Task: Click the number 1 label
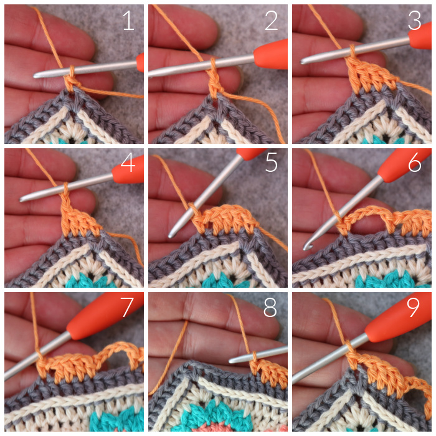click(x=128, y=20)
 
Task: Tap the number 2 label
click(x=272, y=20)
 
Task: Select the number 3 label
click(x=414, y=20)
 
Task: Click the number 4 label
click(x=128, y=163)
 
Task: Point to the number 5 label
click(x=272, y=163)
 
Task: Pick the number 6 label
click(x=415, y=163)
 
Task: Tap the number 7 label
click(x=127, y=307)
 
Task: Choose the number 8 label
click(x=270, y=307)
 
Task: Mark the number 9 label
click(x=413, y=307)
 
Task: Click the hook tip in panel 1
click(x=35, y=75)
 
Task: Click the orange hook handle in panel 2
click(x=271, y=55)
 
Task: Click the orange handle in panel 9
click(x=398, y=317)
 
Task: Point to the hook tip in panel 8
click(x=231, y=361)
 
